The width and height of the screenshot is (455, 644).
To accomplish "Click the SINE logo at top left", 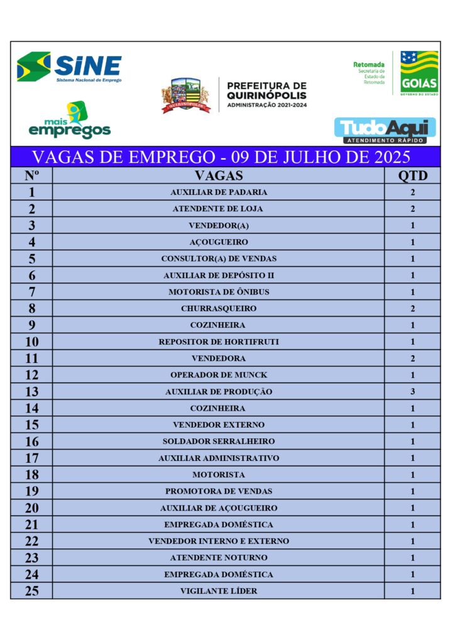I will (x=69, y=67).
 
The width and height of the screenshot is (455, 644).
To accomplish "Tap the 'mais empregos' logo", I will (x=70, y=121).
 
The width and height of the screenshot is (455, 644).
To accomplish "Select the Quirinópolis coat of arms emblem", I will (x=185, y=96).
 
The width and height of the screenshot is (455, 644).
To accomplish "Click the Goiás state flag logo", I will (x=419, y=72).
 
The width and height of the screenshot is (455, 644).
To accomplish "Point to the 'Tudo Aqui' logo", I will (x=385, y=130).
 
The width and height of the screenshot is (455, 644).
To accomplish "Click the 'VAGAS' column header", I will (x=219, y=175).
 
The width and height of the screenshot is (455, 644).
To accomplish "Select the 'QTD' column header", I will (x=412, y=175).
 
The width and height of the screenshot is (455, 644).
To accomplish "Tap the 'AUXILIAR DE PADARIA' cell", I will (x=219, y=192).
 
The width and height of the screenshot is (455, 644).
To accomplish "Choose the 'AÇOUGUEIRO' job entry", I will (x=219, y=242).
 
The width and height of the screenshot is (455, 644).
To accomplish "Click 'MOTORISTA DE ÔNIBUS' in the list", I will (x=219, y=292).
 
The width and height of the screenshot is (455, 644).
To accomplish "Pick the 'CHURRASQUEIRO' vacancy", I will (x=219, y=309).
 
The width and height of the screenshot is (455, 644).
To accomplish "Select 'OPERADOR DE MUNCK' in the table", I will (x=219, y=375).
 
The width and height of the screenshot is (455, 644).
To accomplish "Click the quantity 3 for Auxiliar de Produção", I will (x=412, y=392).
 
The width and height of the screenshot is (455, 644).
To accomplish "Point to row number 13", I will (x=31, y=392).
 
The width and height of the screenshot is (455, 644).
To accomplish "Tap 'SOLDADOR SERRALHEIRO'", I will (x=219, y=441).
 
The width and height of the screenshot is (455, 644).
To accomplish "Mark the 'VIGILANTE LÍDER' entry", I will (x=219, y=591).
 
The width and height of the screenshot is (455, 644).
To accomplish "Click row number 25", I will (x=31, y=591).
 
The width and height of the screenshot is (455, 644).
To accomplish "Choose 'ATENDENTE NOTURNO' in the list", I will (x=219, y=558).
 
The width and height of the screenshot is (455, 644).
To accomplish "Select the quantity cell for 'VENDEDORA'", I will (x=412, y=358).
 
